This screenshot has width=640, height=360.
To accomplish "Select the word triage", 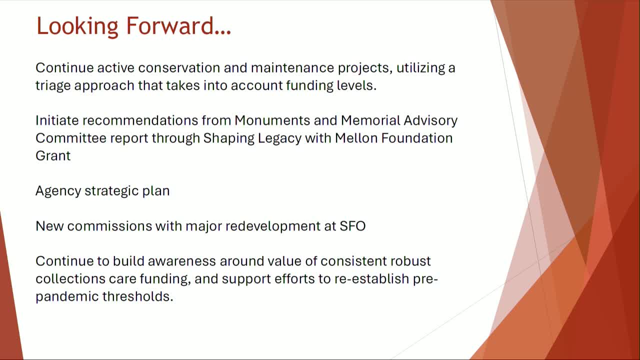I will pyautogui.click(x=53, y=85).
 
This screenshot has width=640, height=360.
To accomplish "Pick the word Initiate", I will pyautogui.click(x=57, y=120).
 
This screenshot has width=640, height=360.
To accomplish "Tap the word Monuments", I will pyautogui.click(x=271, y=120).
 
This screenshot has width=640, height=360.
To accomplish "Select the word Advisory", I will pyautogui.click(x=430, y=120).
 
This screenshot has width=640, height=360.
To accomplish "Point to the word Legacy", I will pyautogui.click(x=279, y=138).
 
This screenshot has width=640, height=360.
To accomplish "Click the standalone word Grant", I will pyautogui.click(x=53, y=155).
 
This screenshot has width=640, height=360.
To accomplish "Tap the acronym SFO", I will pyautogui.click(x=352, y=226).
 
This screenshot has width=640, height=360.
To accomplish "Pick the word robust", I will pyautogui.click(x=411, y=261).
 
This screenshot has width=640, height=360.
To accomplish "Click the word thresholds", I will pyautogui.click(x=137, y=296).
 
